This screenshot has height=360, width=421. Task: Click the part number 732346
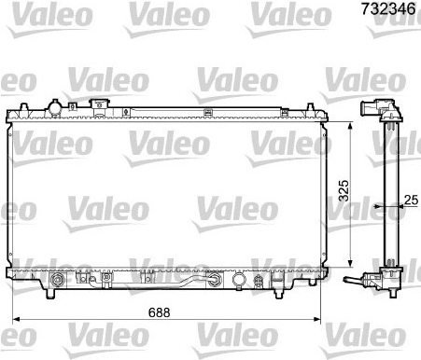coord(388,8)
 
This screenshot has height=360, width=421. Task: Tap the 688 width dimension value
coord(160,312)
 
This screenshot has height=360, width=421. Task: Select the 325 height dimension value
coord(344,190)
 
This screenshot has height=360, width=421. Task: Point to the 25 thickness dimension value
coord(411,200)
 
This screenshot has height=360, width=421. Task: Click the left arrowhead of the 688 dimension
coord(16,319)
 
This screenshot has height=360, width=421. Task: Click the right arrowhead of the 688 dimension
coord(316,319)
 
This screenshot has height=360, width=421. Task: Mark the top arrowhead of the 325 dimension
coord(350,126)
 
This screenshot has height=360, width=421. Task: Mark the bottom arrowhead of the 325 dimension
coord(350,263)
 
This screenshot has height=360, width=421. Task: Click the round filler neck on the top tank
coord(55,108)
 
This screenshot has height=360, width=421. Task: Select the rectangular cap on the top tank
coord(100,104)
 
